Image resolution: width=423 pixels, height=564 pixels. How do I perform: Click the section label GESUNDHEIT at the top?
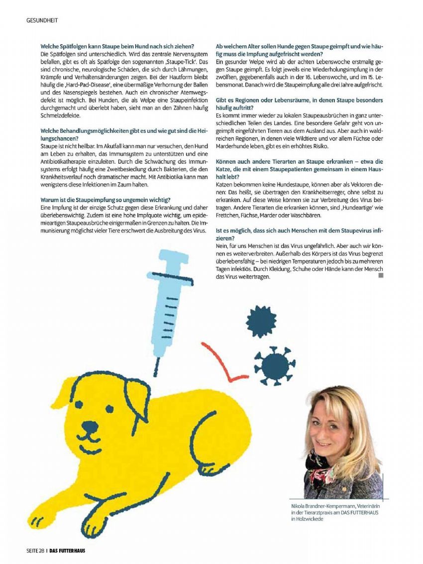[x=42, y=20]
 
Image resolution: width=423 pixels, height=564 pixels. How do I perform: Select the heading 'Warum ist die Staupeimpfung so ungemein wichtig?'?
[x=106, y=200]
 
